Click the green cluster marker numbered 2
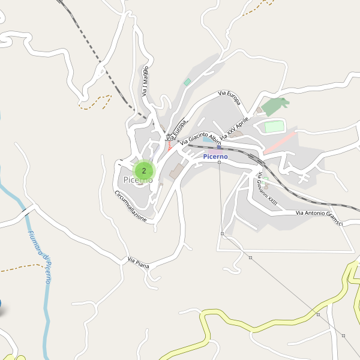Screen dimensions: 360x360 (144, 170)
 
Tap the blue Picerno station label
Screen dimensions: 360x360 (215, 157)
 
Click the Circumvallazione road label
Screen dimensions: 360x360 (130, 206)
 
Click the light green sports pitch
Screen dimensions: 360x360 (274, 127)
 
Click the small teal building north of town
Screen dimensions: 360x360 (187, 82)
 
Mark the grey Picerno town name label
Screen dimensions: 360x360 (138, 180)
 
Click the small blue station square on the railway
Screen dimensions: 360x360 (219, 146)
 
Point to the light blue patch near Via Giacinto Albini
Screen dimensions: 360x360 (207, 139)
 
